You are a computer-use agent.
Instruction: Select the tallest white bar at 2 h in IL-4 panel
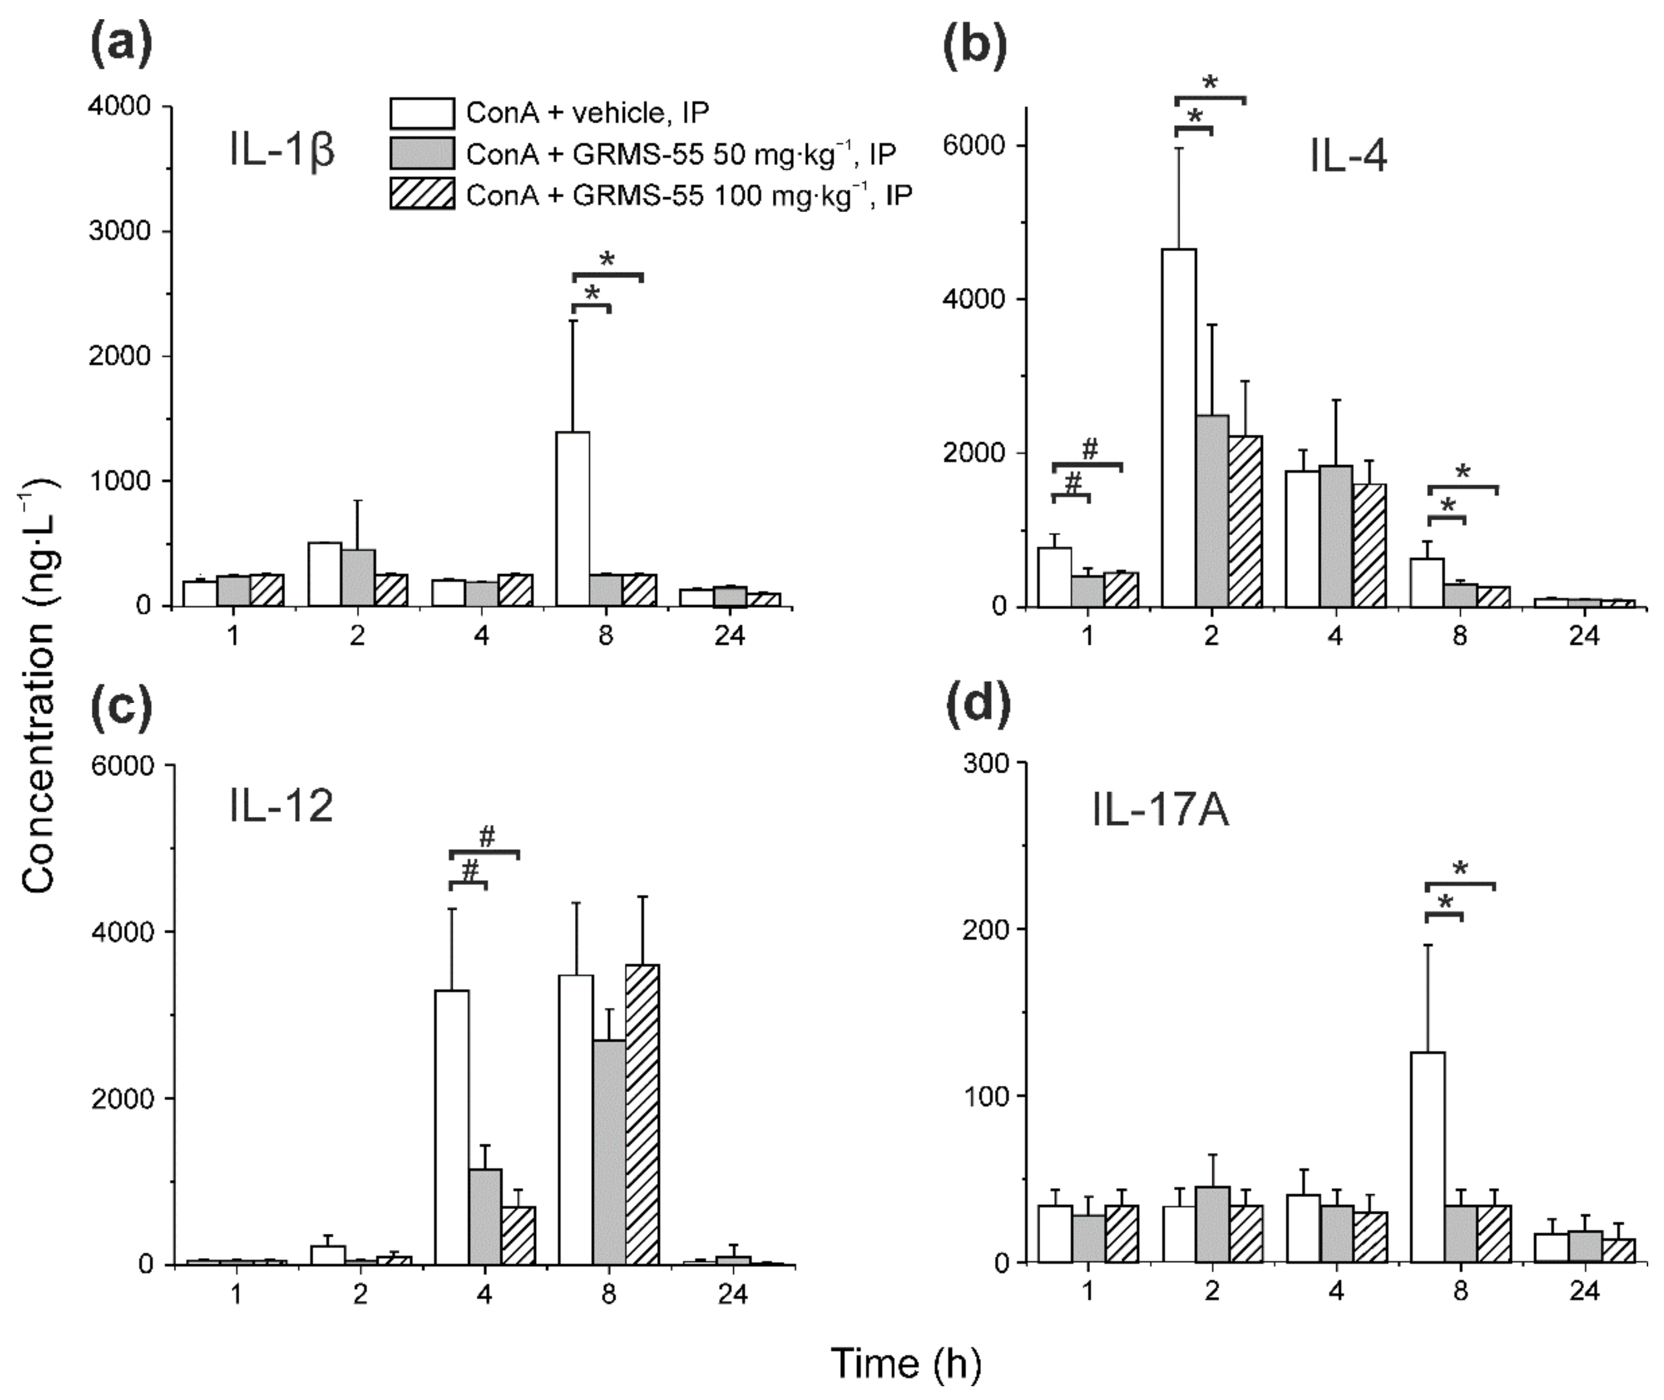(1179, 429)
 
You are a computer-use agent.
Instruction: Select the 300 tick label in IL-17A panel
(984, 764)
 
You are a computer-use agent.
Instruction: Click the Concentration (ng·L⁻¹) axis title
(38, 687)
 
